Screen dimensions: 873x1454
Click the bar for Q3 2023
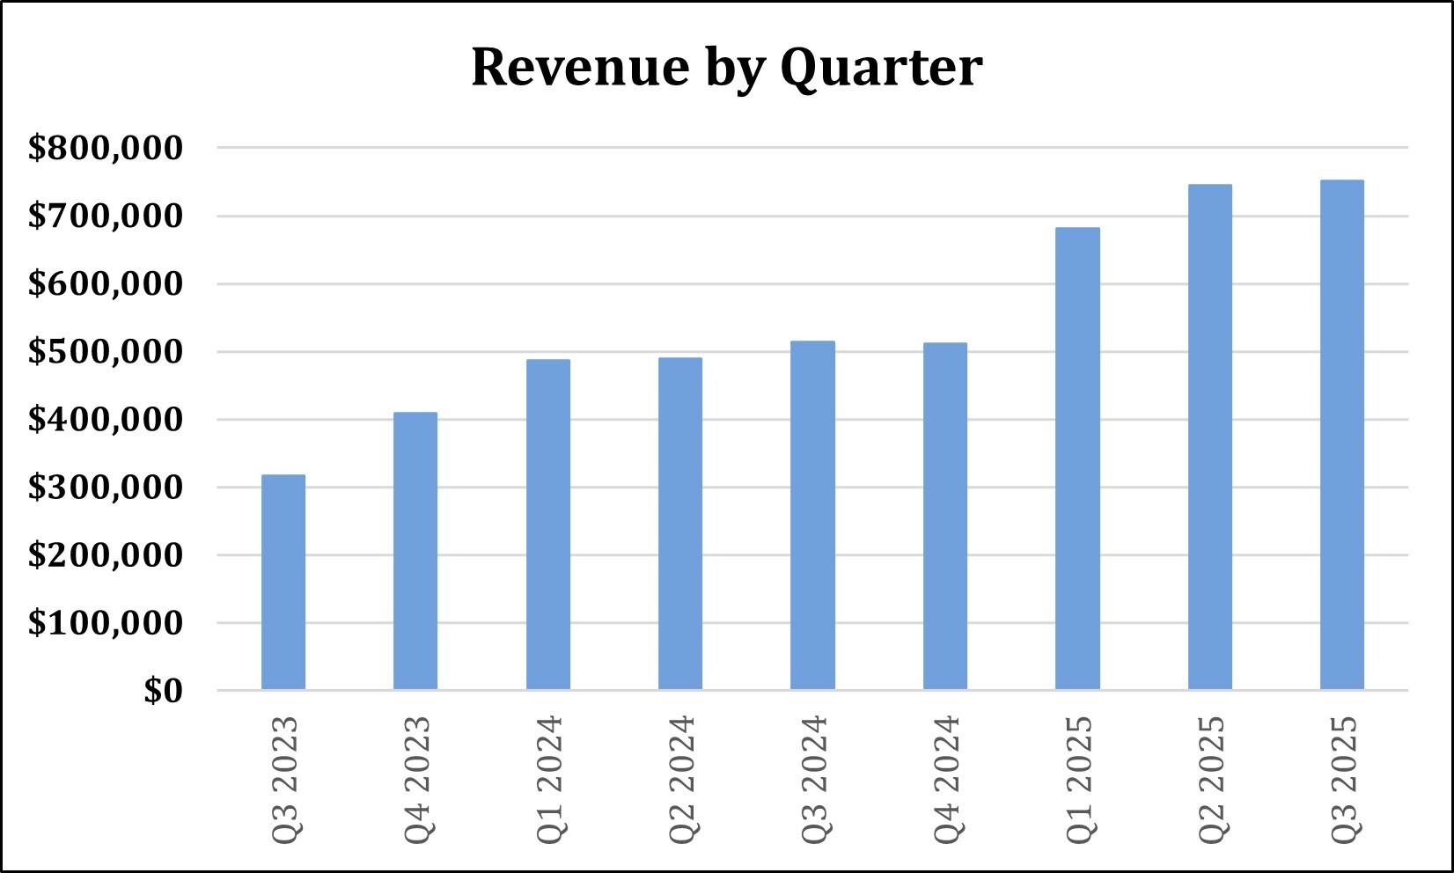click(x=283, y=582)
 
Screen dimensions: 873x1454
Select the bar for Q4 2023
click(x=415, y=551)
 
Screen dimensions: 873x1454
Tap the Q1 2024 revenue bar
click(x=548, y=525)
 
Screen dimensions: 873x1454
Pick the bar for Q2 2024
click(x=680, y=524)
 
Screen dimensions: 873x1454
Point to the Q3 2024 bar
click(x=812, y=515)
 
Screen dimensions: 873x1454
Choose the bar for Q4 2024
click(x=945, y=516)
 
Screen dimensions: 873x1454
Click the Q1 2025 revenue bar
click(x=1077, y=459)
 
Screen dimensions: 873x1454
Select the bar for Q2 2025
click(x=1210, y=436)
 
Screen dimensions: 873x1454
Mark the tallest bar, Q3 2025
click(x=1342, y=435)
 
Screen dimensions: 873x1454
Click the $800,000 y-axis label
click(x=106, y=148)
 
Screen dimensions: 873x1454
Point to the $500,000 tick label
click(x=106, y=352)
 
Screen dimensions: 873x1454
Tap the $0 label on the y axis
click(x=164, y=692)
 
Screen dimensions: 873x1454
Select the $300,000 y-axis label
click(x=106, y=488)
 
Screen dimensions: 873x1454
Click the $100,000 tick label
click(x=106, y=623)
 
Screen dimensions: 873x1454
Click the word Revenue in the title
click(x=568, y=67)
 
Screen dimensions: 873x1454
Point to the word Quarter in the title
click(x=881, y=67)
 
